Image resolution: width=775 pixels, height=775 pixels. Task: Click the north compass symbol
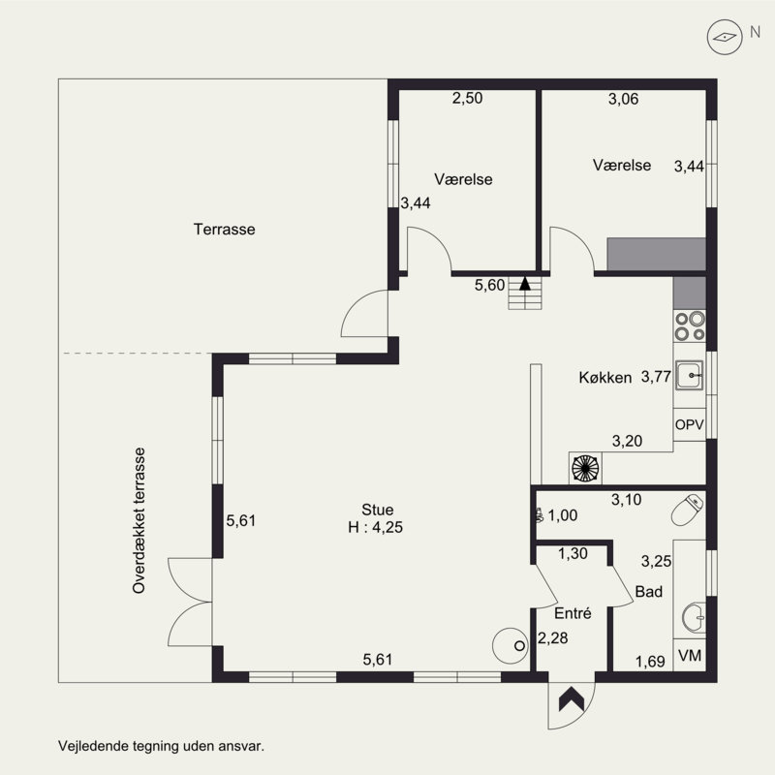pos(725,37)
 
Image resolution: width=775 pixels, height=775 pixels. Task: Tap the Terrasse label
pos(225,230)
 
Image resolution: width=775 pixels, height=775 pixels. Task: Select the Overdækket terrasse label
pos(139,520)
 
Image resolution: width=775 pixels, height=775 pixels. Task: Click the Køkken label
pos(604,378)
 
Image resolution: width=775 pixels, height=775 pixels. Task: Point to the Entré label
pos(573,613)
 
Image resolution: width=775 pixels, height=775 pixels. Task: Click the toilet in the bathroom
pos(688,510)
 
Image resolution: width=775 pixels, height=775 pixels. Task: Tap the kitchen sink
pos(690,376)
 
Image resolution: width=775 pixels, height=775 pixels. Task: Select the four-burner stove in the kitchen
pos(690,326)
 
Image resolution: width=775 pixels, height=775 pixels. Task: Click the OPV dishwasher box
pos(689,424)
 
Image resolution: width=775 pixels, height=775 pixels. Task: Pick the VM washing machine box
pos(690,656)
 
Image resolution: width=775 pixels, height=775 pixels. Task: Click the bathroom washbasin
pos(694,617)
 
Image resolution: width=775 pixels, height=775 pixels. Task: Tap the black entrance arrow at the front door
pos(572,698)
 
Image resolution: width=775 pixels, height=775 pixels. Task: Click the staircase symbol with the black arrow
pos(525,293)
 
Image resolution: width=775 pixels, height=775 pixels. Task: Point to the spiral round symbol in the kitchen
pos(585,468)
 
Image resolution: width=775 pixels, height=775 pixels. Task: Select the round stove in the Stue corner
pos(511,645)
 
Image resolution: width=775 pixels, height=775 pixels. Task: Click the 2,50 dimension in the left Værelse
pos(467,99)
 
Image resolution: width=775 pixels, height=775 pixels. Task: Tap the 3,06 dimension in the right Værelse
pos(623,100)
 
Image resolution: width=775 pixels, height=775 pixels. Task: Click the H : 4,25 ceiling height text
pos(375,527)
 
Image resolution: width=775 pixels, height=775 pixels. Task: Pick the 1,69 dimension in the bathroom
pos(650,662)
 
